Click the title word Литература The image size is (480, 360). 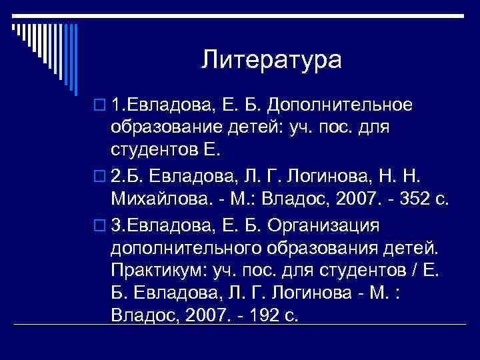pyautogui.click(x=271, y=60)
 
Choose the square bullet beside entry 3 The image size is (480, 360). pyautogui.click(x=100, y=226)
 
